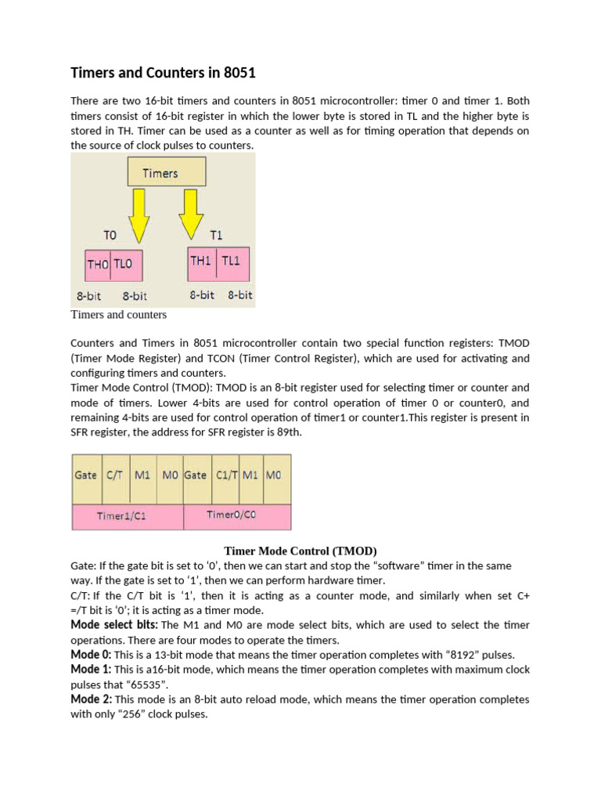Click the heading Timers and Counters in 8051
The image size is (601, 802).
163,73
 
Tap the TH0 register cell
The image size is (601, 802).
98,265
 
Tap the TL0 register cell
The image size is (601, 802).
127,265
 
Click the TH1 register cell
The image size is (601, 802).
201,262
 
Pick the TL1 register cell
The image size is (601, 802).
231,262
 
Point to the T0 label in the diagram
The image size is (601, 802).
110,233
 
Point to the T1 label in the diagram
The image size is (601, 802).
217,233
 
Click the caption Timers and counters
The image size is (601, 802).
118,315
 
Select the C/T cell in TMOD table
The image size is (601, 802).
115,475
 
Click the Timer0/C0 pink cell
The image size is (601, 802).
236,515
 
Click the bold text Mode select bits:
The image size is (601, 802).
114,625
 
